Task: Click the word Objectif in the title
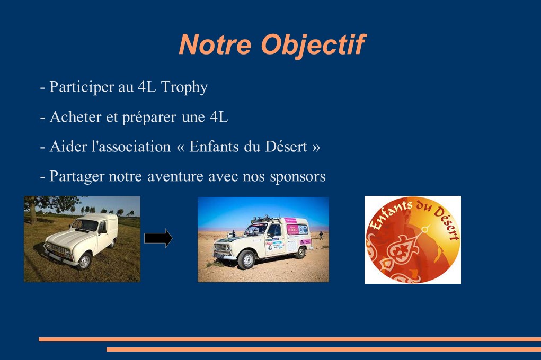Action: coord(313,45)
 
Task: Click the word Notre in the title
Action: coord(215,44)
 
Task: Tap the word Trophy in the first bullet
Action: coord(184,87)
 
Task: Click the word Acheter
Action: coord(76,117)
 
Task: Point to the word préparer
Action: coord(149,118)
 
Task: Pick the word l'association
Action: coord(130,147)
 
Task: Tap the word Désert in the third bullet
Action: coord(286,147)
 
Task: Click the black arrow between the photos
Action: coord(158,238)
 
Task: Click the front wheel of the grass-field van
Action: coord(84,262)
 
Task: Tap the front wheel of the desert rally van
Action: coord(247,259)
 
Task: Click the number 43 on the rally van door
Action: coord(270,247)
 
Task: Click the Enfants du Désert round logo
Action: coord(413,240)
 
